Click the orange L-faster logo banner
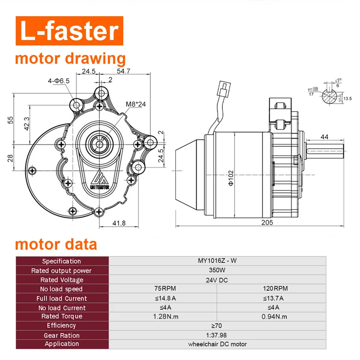(x=68, y=31)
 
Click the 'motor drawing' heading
(x=70, y=59)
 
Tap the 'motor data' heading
(x=56, y=244)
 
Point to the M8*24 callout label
(x=135, y=104)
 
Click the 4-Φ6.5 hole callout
(x=59, y=81)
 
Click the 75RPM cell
(x=162, y=289)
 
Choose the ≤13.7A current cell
(x=271, y=298)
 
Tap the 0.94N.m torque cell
(x=271, y=316)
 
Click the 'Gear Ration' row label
(x=62, y=335)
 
